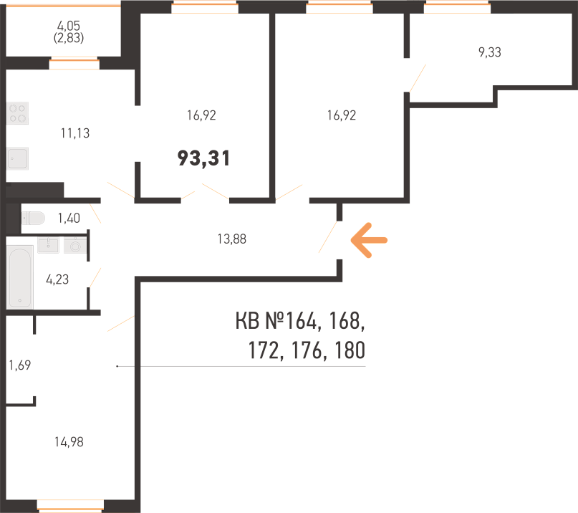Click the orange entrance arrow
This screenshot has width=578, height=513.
pyautogui.click(x=369, y=240)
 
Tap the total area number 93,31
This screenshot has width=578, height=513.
pyautogui.click(x=204, y=158)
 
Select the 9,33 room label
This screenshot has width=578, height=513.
pyautogui.click(x=489, y=52)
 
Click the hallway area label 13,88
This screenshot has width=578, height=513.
pyautogui.click(x=231, y=239)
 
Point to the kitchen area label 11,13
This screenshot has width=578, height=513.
pyautogui.click(x=75, y=133)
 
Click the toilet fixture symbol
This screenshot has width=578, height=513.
pyautogui.click(x=33, y=218)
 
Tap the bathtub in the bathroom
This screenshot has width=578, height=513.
pyautogui.click(x=20, y=277)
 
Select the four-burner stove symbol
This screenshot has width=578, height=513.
pyautogui.click(x=18, y=113)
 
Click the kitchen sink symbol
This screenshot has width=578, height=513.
pyautogui.click(x=18, y=158)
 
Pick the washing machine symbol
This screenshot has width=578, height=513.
pyautogui.click(x=75, y=245)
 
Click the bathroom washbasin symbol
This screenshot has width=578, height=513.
pyautogui.click(x=48, y=245)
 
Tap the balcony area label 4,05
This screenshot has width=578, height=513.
pyautogui.click(x=69, y=26)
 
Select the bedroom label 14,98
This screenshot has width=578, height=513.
pyautogui.click(x=69, y=442)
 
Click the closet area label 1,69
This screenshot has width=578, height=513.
pyautogui.click(x=20, y=365)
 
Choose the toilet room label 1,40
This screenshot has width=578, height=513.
pyautogui.click(x=69, y=218)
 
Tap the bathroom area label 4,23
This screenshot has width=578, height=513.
pyautogui.click(x=57, y=279)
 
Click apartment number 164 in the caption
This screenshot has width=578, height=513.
pyautogui.click(x=301, y=320)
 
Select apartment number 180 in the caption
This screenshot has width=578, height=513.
pyautogui.click(x=350, y=350)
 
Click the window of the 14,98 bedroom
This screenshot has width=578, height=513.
pyautogui.click(x=70, y=506)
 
